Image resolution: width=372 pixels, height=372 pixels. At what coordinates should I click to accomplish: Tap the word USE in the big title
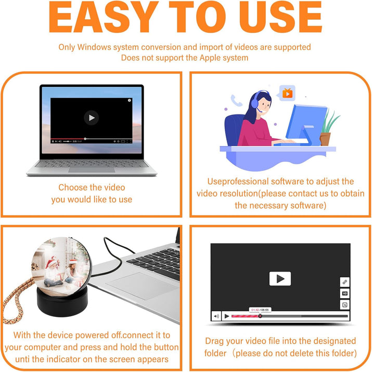[x=280, y=17]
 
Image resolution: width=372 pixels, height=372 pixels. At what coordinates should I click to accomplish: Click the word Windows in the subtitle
[x=94, y=47]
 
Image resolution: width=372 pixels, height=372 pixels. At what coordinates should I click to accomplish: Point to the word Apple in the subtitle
[x=210, y=58]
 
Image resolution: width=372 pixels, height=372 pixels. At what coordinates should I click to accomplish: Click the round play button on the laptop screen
[x=92, y=118]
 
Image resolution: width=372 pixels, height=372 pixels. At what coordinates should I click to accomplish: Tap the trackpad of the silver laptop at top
[x=92, y=170]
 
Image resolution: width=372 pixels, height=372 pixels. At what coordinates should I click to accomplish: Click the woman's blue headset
[x=256, y=101]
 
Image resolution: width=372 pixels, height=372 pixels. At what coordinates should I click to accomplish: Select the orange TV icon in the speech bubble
[x=288, y=93]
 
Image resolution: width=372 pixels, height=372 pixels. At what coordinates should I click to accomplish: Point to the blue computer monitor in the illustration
[x=306, y=124]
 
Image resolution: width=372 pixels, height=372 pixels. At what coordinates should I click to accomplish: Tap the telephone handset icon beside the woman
[x=236, y=100]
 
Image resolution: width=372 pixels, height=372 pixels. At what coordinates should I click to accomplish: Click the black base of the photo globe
[x=62, y=301]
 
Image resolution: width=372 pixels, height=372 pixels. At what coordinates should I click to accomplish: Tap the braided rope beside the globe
[x=17, y=300]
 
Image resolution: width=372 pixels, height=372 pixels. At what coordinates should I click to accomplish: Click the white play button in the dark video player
[x=280, y=278]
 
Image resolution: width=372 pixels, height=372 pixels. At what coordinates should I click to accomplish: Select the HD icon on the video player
[x=345, y=293]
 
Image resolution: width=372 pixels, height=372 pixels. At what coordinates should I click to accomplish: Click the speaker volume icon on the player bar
[x=216, y=316]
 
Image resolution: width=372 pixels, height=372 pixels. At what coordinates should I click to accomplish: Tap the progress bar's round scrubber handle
[x=260, y=316]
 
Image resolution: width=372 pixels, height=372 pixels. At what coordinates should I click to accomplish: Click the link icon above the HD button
[x=345, y=282]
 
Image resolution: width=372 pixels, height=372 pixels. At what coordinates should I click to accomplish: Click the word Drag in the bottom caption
[x=214, y=341]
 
